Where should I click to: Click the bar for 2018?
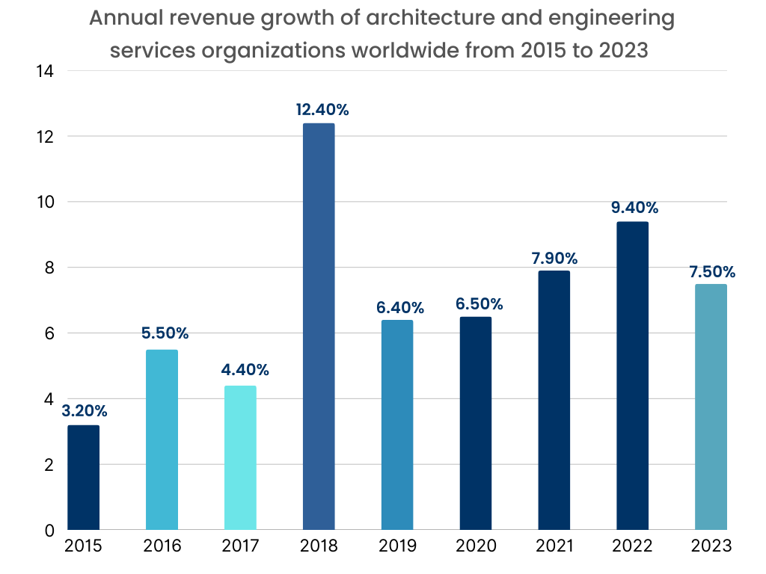[319, 327]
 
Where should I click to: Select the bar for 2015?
[83, 478]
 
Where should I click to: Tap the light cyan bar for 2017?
[240, 457]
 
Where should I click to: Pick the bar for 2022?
[632, 376]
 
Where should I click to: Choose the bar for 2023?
[711, 407]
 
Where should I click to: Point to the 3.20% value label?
[85, 410]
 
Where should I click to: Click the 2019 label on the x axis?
[398, 546]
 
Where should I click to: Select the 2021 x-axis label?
[554, 546]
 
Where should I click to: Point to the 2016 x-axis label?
[162, 546]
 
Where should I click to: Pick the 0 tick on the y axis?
[49, 531]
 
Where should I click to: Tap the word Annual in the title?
[117, 18]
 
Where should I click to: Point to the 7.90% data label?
[554, 259]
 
